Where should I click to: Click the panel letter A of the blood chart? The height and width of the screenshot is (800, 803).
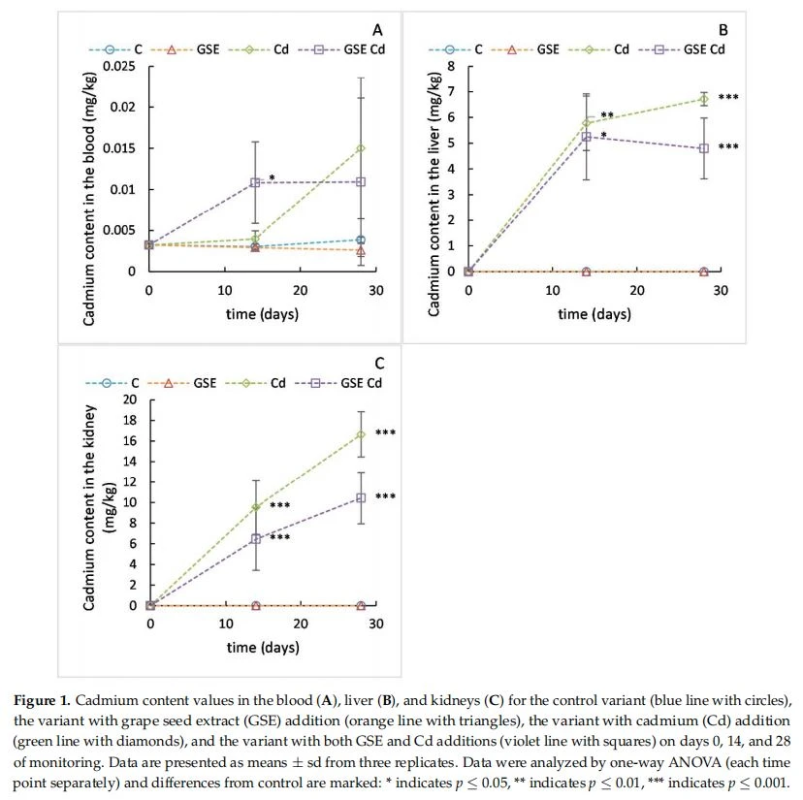(x=377, y=30)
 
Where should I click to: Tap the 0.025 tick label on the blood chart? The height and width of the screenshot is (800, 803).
(x=119, y=67)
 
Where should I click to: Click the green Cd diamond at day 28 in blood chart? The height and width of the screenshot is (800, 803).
(x=361, y=148)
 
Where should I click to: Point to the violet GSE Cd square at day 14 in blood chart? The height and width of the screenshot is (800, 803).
(x=255, y=182)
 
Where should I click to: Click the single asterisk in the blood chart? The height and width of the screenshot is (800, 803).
(x=272, y=178)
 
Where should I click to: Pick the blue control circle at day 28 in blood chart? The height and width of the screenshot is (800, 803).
(x=361, y=240)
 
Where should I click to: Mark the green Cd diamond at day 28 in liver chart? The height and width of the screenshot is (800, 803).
(x=704, y=99)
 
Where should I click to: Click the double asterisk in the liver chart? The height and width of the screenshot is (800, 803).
(x=607, y=115)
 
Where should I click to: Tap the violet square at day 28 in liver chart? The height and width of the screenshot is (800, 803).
(x=704, y=148)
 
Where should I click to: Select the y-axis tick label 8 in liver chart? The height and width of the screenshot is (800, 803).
(x=451, y=67)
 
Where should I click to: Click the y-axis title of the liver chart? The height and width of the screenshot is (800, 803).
(x=434, y=194)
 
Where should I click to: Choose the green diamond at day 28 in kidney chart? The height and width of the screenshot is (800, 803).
(x=361, y=434)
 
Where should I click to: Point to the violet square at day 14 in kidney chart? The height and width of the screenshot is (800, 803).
(x=256, y=539)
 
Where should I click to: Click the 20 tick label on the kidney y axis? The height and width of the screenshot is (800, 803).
(x=130, y=400)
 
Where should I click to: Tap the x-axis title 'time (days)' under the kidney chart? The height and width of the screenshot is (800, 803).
(x=263, y=648)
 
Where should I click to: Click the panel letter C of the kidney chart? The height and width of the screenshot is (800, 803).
(x=379, y=364)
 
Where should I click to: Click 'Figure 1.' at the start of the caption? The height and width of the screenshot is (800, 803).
(x=42, y=701)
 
